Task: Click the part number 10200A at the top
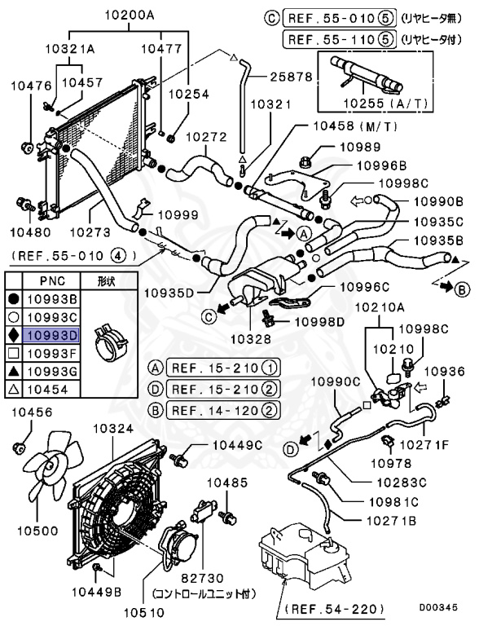tap(134, 15)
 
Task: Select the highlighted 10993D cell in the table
tap(51, 334)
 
